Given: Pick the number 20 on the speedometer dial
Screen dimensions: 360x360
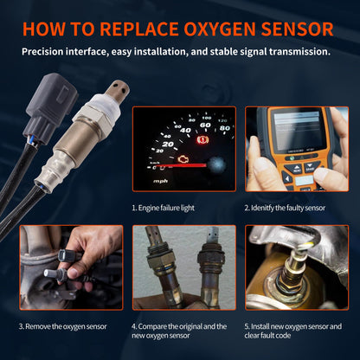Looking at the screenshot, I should pos(168,145).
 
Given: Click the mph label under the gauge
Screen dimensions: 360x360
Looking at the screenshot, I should pos(160,181).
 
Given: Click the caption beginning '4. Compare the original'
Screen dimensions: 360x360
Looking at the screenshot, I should pos(180,326).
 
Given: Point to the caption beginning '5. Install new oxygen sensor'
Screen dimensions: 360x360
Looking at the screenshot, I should pos(294,326).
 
